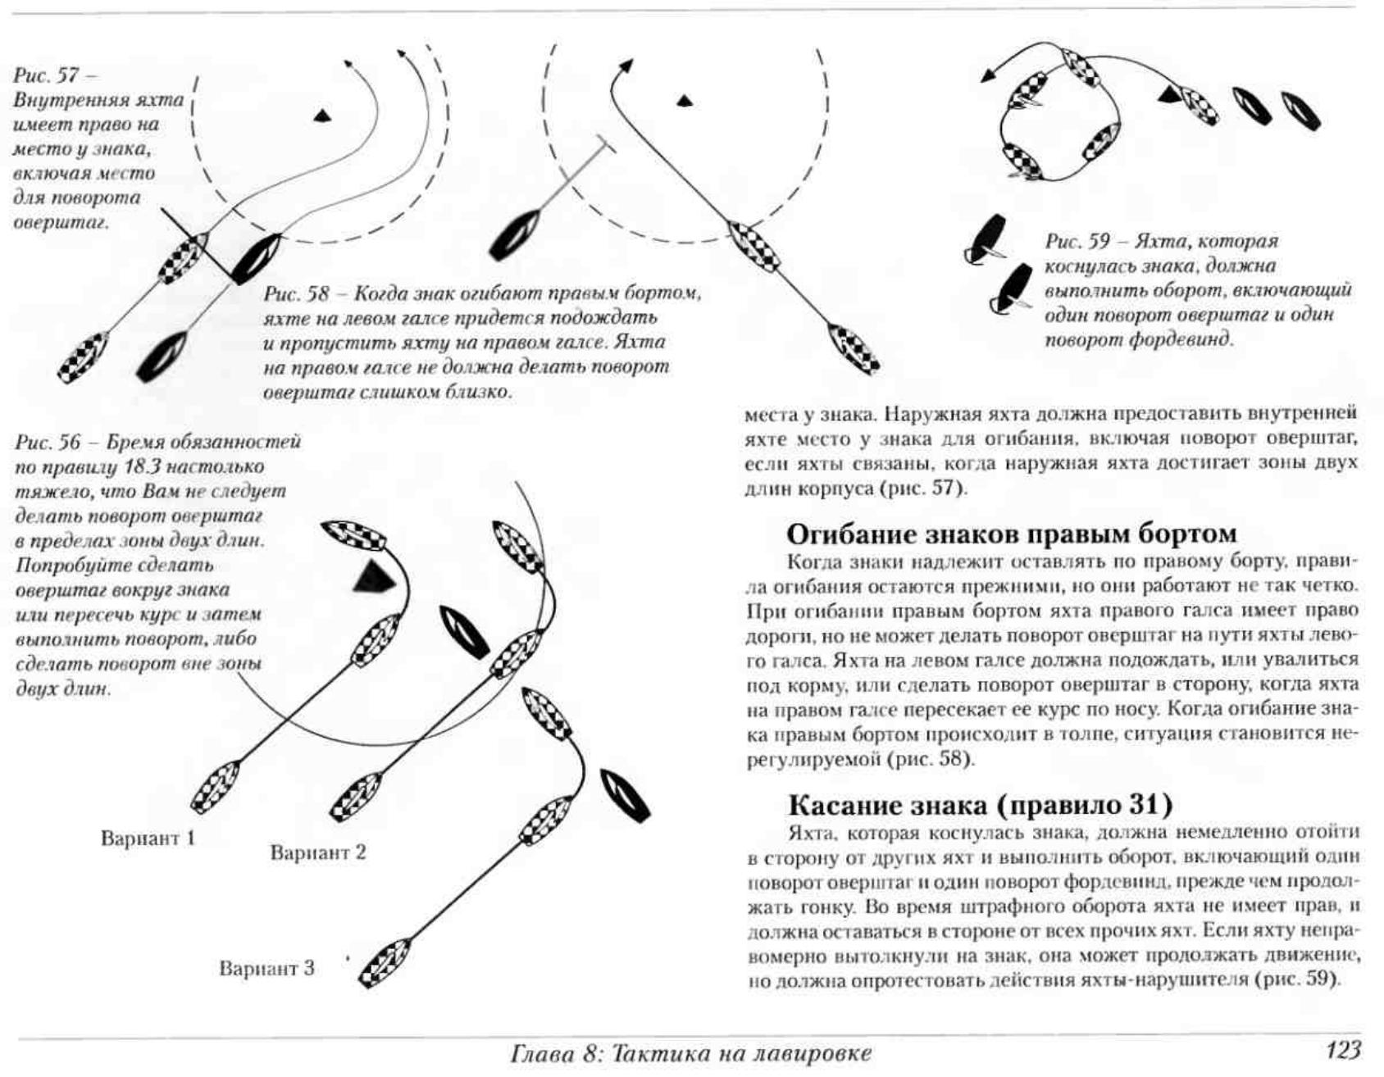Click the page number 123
[x=1342, y=1050]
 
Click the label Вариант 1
[x=148, y=838]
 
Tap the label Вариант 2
[x=318, y=852]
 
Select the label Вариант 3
[x=266, y=969]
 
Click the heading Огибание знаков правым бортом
[x=1011, y=534]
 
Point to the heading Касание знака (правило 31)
[x=980, y=805]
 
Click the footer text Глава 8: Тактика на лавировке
[x=690, y=1052]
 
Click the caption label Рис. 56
[x=48, y=443]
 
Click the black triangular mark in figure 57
[x=323, y=116]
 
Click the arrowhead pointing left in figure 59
[x=989, y=75]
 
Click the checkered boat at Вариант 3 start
[x=384, y=964]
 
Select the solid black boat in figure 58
[x=513, y=235]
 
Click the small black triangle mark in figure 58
[x=685, y=101]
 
